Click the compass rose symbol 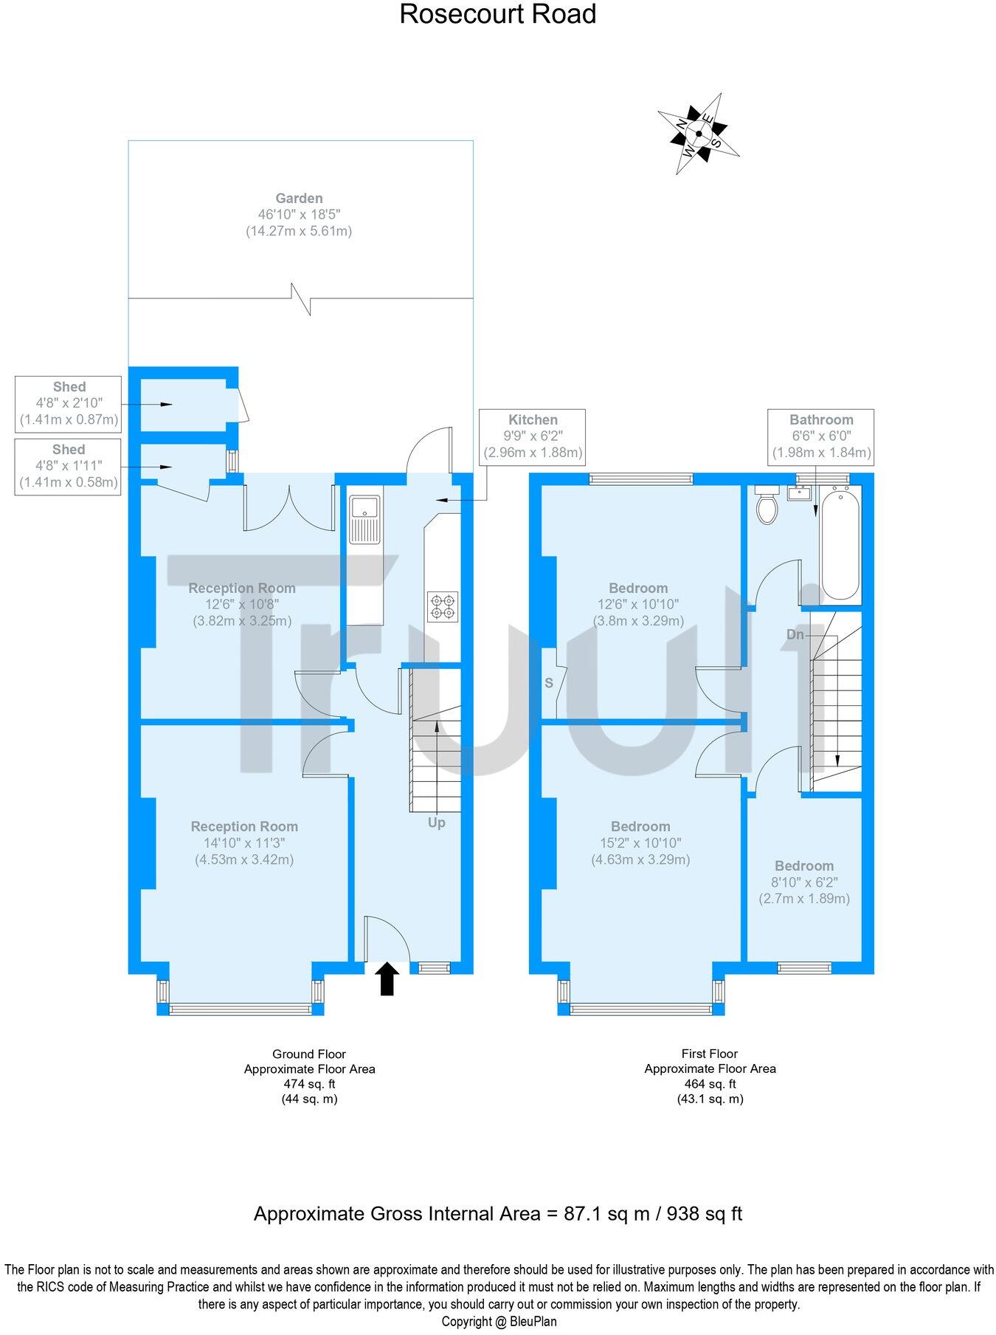[698, 134]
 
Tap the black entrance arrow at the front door [387, 979]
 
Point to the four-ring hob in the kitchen [443, 605]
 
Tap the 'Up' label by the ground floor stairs [436, 823]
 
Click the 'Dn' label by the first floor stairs [795, 634]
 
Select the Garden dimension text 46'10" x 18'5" [299, 215]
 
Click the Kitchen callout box [533, 436]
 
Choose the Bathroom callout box [821, 436]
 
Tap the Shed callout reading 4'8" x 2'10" [69, 403]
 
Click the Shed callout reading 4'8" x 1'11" [68, 466]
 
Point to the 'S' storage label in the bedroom [549, 683]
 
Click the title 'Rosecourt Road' [498, 14]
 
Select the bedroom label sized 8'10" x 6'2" [804, 882]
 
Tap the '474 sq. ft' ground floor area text [309, 1084]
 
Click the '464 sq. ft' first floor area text [710, 1084]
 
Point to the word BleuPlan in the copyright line [533, 1321]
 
